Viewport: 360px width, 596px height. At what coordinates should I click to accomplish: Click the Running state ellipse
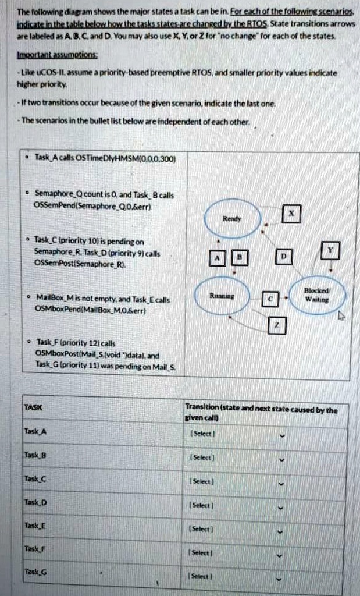pos(223,295)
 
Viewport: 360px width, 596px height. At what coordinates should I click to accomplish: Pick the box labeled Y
pos(330,250)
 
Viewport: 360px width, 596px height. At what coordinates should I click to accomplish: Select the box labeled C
pos(269,299)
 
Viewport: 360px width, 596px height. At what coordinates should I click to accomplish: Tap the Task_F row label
pos(32,548)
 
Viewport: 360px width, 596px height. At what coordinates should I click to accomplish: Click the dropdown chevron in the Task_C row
pos(283,483)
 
